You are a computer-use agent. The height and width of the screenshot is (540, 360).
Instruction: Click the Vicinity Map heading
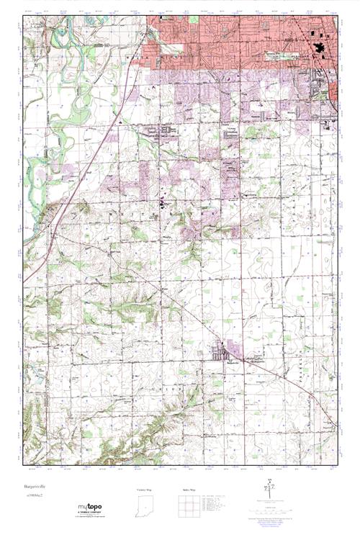[145, 490]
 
